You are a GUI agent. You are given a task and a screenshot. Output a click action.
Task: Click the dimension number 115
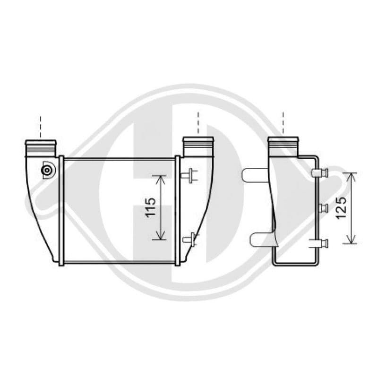150,207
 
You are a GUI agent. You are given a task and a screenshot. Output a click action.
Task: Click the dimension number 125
341,208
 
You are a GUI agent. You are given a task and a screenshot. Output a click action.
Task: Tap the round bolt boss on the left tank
47,170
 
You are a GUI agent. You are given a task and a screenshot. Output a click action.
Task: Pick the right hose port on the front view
198,146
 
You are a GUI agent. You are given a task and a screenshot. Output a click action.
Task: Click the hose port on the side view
283,146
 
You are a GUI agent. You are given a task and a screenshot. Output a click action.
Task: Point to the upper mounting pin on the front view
190,176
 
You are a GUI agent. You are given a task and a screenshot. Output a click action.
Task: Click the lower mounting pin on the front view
190,240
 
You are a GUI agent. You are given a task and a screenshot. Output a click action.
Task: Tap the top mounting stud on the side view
320,172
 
